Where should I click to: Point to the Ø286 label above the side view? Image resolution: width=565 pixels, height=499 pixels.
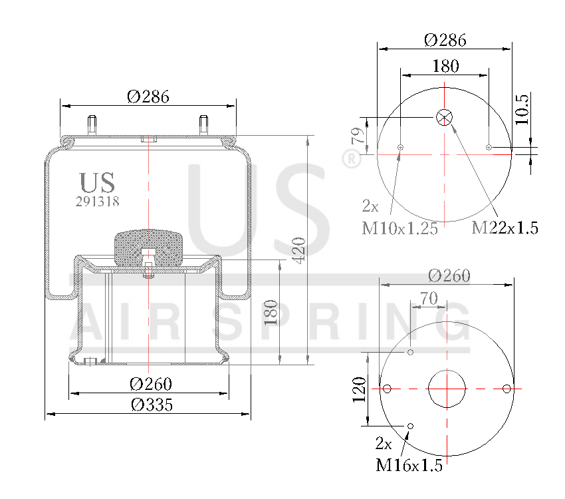[x=148, y=96]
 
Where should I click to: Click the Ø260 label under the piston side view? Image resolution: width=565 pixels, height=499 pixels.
[x=151, y=384]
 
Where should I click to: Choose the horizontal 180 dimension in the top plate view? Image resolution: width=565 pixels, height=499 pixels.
[x=445, y=66]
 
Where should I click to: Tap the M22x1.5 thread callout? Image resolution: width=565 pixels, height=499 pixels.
[x=505, y=228]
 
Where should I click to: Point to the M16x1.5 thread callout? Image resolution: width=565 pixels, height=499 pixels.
[x=409, y=465]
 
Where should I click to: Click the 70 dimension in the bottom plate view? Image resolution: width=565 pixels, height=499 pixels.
[x=429, y=299]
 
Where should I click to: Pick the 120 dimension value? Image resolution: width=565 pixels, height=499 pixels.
[x=359, y=390]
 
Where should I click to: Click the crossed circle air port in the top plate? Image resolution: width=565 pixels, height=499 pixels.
[x=444, y=118]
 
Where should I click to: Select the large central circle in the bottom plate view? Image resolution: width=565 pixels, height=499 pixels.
[x=447, y=389]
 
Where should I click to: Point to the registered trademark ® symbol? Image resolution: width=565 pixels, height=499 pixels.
[x=350, y=159]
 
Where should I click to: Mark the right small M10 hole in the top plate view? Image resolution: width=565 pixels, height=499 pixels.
[x=489, y=147]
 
